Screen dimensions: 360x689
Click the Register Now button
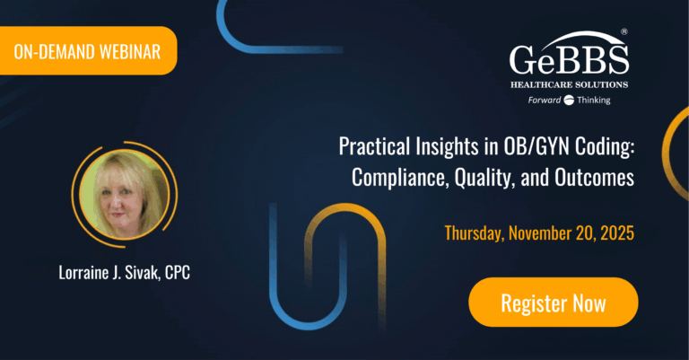point(554,303)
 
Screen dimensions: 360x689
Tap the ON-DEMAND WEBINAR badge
point(88,51)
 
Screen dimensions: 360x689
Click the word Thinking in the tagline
point(593,100)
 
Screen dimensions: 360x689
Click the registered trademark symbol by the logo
point(624,32)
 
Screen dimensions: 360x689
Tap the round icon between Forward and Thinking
point(568,100)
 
